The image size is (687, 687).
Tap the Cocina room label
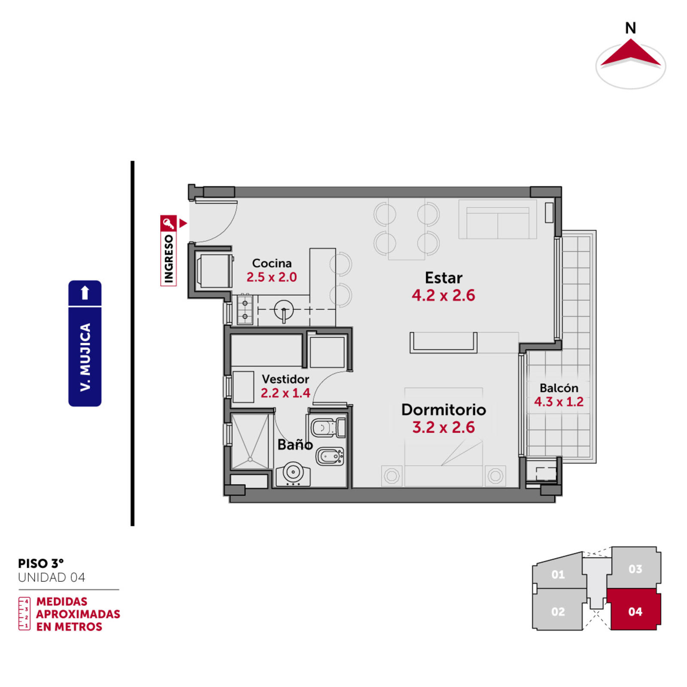coord(271,263)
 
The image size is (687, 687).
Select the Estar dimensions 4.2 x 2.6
coord(443,295)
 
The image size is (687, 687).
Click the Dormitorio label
coord(444,410)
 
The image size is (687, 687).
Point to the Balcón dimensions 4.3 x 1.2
coord(559,402)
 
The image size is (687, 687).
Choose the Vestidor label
coord(285,379)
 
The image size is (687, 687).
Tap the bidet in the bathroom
coord(330,456)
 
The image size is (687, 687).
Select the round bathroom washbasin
coord(293,474)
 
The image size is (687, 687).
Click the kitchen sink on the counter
coord(283,310)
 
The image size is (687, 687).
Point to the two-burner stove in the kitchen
coord(245,310)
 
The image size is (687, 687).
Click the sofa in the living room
coord(497,219)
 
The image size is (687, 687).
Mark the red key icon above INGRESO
coord(168,223)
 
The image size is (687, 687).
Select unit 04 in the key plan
coord(635,610)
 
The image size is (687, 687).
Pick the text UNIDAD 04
coord(52,578)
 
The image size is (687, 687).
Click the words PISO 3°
coord(41,563)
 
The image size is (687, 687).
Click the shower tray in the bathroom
coord(250,441)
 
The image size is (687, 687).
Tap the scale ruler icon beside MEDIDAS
coord(24,614)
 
